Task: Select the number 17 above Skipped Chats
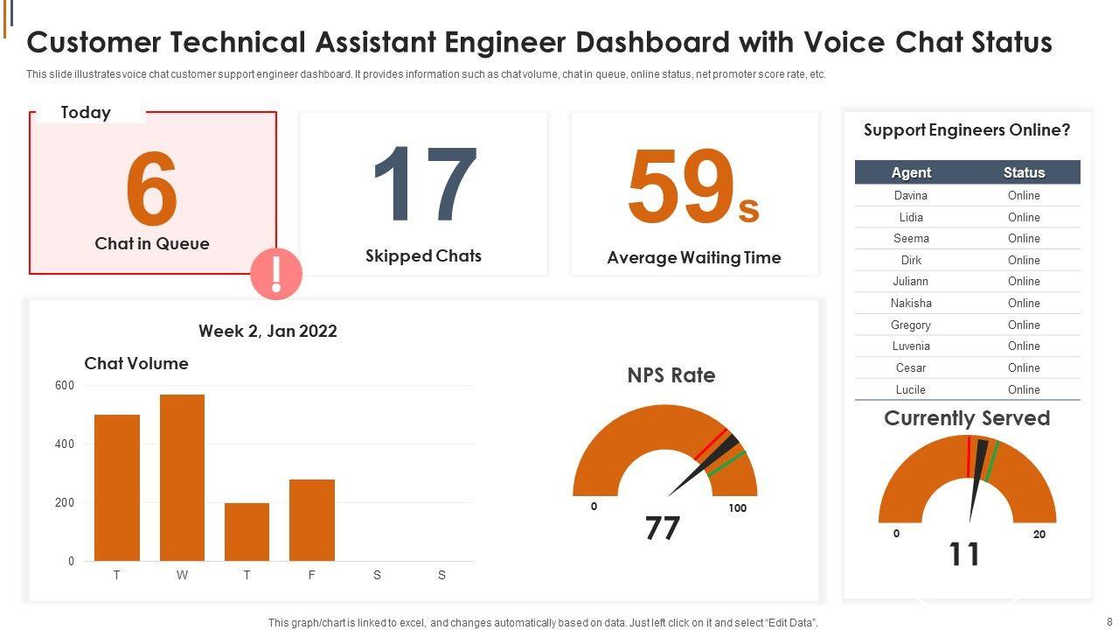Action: point(425,185)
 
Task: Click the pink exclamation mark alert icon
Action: point(276,275)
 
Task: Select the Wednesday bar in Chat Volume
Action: point(182,478)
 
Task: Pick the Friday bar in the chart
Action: point(312,520)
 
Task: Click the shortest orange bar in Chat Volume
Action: point(247,531)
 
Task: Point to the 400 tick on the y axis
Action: point(65,444)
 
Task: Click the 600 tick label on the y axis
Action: point(65,386)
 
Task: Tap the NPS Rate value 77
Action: point(662,528)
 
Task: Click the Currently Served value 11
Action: point(964,555)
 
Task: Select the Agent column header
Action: point(911,172)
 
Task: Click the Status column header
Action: point(1024,172)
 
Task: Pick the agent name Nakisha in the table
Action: point(911,303)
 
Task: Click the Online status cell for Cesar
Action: point(1024,367)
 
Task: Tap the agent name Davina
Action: point(911,195)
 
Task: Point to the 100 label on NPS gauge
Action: point(738,508)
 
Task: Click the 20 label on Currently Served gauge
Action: point(1039,535)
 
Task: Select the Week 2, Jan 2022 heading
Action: point(268,331)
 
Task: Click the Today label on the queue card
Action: point(86,112)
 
